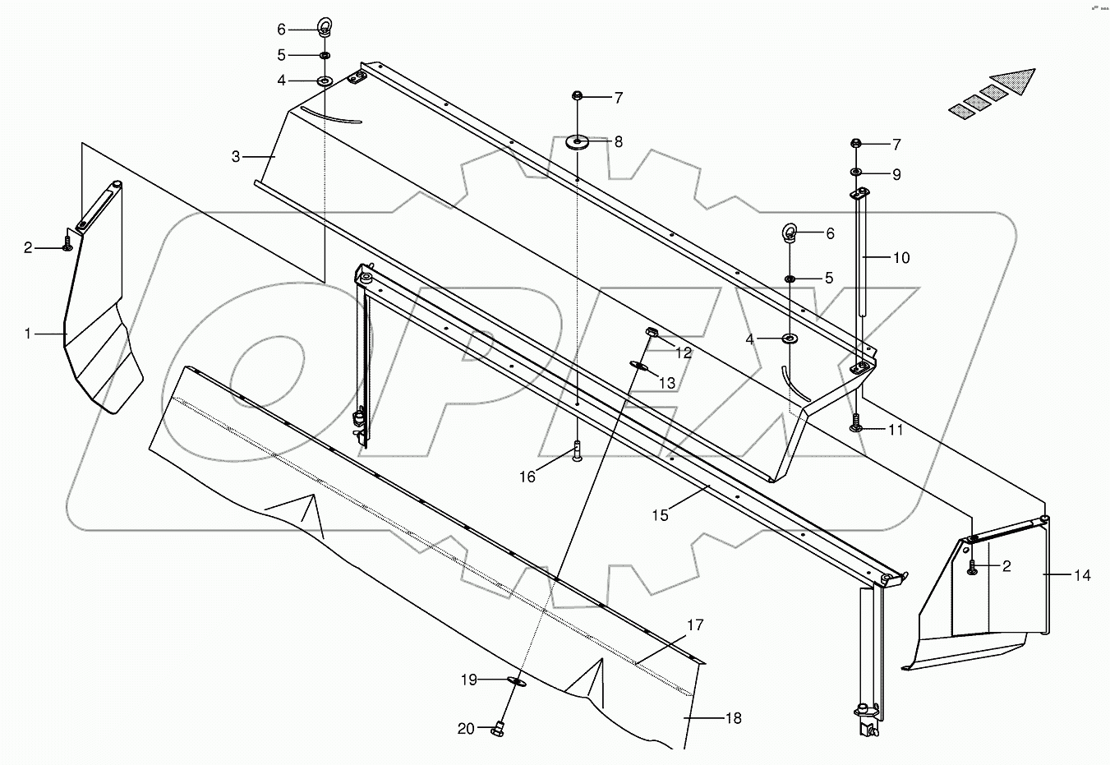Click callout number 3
236,156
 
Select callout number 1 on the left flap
28,334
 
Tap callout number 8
618,142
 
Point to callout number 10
900,258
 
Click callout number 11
896,430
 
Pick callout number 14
1082,575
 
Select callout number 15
661,515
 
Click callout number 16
527,477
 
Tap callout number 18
733,718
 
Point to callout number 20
466,729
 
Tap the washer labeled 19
517,680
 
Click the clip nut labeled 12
652,333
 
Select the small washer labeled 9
855,172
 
